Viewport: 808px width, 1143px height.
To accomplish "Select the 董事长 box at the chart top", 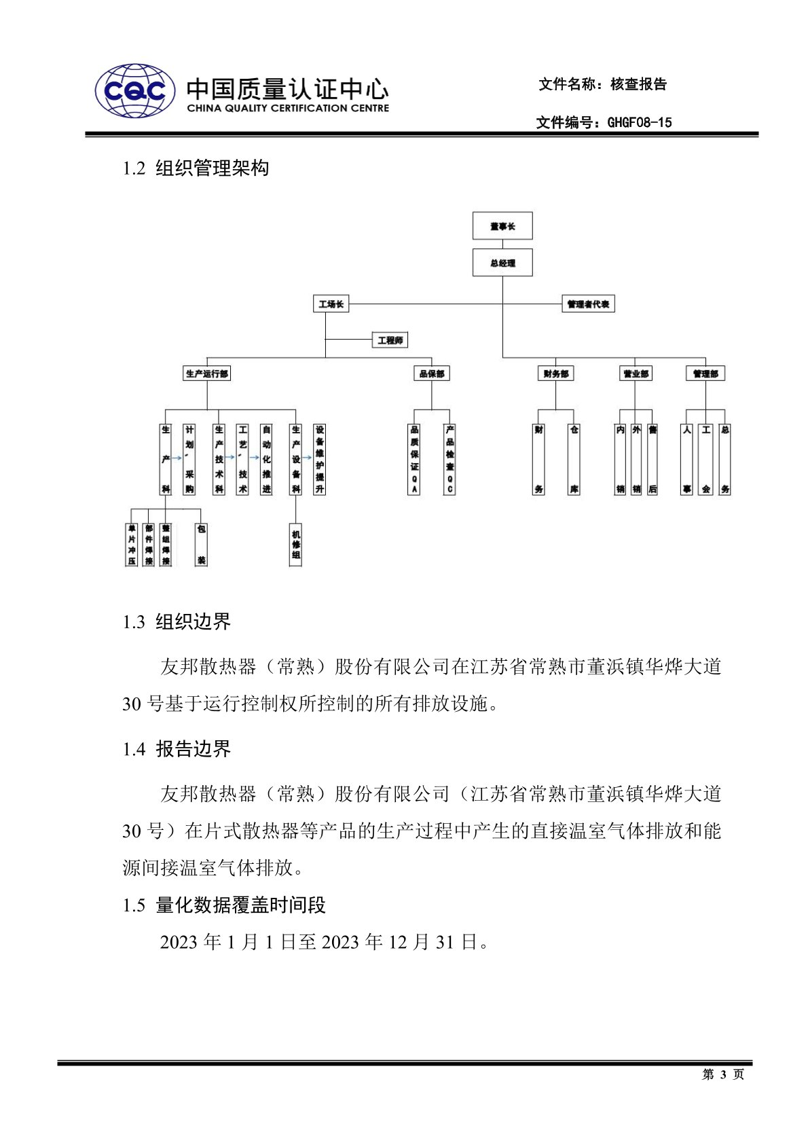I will [502, 226].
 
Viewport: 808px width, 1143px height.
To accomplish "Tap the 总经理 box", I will [502, 263].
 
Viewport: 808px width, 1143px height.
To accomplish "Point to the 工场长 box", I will [331, 304].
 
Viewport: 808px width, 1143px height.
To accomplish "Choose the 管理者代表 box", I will [588, 304].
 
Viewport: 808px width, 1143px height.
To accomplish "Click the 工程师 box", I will [390, 340].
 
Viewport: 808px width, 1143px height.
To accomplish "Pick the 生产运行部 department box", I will [207, 374].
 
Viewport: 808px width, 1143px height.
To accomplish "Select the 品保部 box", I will [432, 374].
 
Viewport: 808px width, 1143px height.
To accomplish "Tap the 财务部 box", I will [555, 374].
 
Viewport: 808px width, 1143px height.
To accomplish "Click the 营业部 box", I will [636, 374].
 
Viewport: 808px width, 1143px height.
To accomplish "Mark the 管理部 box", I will [705, 374].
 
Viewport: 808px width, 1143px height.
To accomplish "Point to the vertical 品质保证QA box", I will [414, 459].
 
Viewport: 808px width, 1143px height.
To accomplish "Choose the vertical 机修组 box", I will [296, 544].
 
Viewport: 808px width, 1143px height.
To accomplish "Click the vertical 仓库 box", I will [574, 459].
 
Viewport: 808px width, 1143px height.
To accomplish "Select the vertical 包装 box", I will [201, 544].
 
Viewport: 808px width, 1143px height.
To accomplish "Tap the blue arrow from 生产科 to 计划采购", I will [177, 458].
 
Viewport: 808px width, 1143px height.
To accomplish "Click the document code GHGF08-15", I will [639, 122].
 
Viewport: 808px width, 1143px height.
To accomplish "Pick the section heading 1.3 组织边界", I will [177, 621].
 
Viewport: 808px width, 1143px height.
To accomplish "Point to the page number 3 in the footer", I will [722, 1074].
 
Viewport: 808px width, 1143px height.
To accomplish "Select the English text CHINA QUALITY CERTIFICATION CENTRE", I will [288, 108].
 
